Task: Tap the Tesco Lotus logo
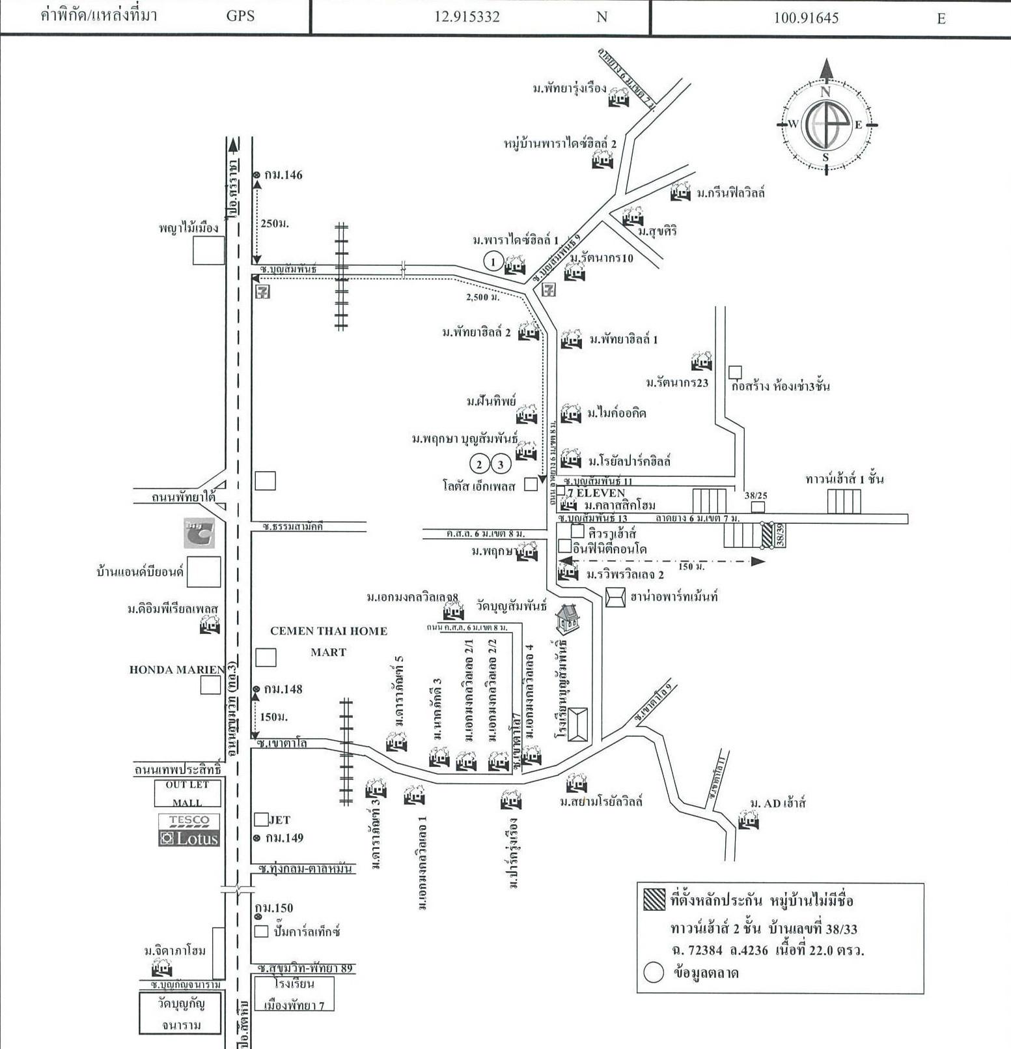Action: point(189,830)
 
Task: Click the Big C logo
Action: point(199,533)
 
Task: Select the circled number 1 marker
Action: point(493,262)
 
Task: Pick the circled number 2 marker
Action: point(480,464)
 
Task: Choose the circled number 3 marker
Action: point(501,464)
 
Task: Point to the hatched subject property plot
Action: point(767,536)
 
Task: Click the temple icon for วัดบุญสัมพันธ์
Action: point(568,619)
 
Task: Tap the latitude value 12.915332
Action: point(467,17)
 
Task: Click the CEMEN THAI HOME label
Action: point(329,631)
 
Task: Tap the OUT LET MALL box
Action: point(187,794)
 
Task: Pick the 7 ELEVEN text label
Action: point(596,493)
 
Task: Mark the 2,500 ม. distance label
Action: point(483,297)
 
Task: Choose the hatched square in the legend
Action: point(654,899)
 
